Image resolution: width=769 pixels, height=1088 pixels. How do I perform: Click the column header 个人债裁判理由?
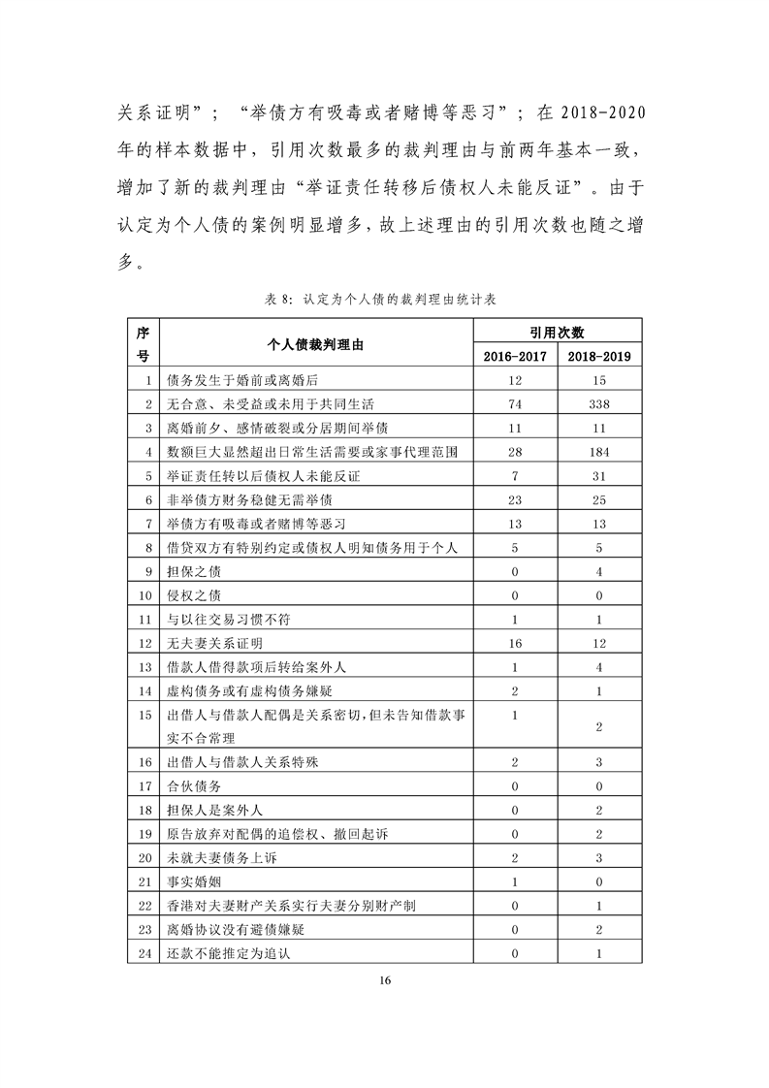pyautogui.click(x=316, y=344)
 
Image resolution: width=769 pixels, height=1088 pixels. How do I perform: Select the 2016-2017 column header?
pyautogui.click(x=515, y=356)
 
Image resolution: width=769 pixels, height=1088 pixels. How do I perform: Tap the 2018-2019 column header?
pyautogui.click(x=599, y=356)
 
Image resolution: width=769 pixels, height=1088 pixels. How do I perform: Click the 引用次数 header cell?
pyautogui.click(x=557, y=332)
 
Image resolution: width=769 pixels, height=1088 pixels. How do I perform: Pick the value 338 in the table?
pyautogui.click(x=599, y=403)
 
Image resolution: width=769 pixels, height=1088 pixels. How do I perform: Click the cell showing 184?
pyautogui.click(x=599, y=452)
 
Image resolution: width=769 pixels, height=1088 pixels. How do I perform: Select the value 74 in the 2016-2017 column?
pyautogui.click(x=515, y=403)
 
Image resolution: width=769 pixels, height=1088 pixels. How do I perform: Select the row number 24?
pyautogui.click(x=146, y=953)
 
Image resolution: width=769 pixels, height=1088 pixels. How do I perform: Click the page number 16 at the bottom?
pyautogui.click(x=385, y=980)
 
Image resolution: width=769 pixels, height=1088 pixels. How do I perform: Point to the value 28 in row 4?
pyautogui.click(x=515, y=452)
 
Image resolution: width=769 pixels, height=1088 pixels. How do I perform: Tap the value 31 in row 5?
pyautogui.click(x=599, y=476)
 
